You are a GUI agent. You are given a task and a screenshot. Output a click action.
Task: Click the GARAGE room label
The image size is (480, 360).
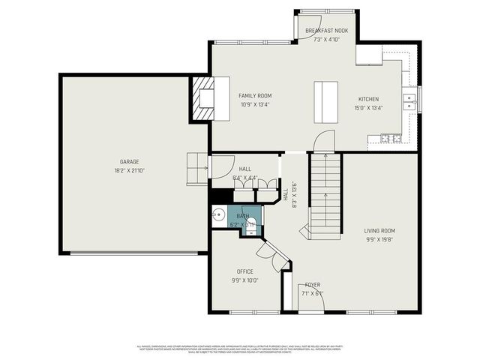(130, 161)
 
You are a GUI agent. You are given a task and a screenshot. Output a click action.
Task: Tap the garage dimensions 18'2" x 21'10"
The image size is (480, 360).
(130, 170)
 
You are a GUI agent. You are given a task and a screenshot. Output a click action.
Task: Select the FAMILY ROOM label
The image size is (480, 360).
(255, 96)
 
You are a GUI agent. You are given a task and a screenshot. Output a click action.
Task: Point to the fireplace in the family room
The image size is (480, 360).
(203, 98)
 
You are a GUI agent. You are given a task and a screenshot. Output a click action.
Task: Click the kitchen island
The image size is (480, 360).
(325, 100)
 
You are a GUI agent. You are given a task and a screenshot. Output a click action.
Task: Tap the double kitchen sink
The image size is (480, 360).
(409, 100)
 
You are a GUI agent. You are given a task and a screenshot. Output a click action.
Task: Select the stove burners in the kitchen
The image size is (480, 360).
(391, 138)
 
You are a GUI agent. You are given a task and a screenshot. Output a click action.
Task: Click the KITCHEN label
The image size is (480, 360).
(368, 99)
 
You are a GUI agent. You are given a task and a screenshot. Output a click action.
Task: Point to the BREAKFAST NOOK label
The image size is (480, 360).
(326, 31)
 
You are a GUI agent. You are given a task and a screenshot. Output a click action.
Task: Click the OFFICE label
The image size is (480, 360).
(244, 271)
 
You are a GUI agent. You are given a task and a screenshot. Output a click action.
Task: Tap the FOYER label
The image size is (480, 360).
(313, 285)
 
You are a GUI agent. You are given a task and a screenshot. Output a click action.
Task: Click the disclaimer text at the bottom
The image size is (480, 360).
(240, 348)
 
